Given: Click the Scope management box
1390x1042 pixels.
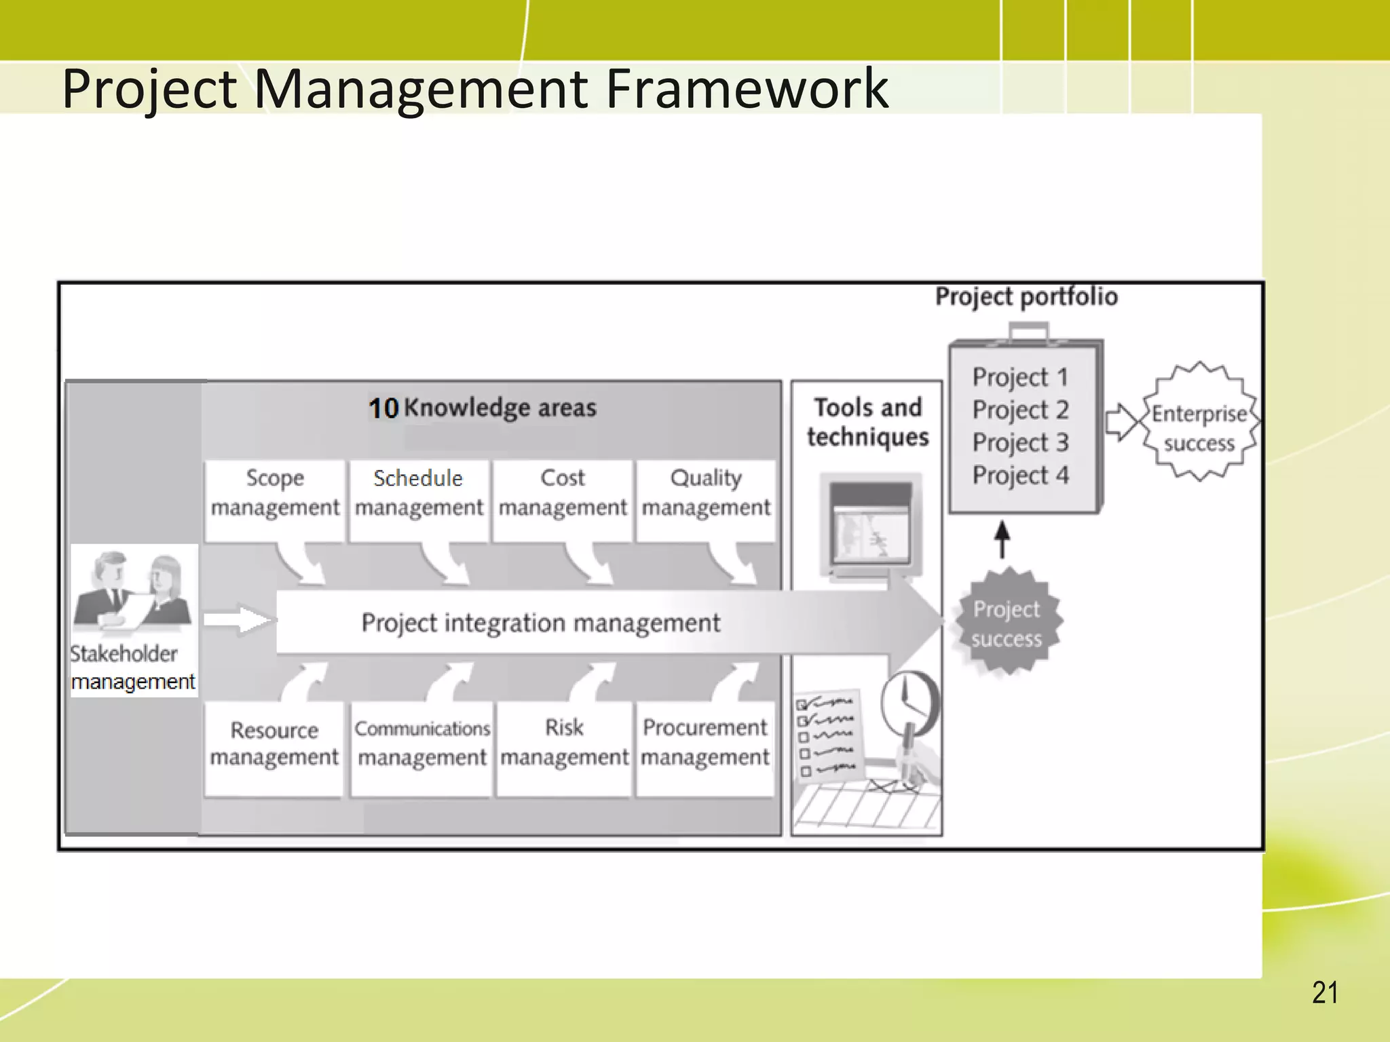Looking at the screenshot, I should [274, 500].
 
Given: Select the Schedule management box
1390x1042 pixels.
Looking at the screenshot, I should [418, 500].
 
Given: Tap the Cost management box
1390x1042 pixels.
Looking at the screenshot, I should [562, 500].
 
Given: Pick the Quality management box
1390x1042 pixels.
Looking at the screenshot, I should [706, 500].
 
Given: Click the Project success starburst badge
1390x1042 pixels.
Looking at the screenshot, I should [1007, 623].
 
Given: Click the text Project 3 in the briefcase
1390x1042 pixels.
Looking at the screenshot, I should [1020, 442].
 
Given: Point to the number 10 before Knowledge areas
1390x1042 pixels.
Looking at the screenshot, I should [383, 408].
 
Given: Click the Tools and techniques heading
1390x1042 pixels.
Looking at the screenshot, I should [867, 422].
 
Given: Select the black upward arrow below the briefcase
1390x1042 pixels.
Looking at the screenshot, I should [1002, 539].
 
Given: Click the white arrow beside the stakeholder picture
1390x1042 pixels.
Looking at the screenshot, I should [238, 619].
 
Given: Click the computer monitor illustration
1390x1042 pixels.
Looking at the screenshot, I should [871, 526].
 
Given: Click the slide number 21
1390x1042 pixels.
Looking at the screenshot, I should [1325, 993].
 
